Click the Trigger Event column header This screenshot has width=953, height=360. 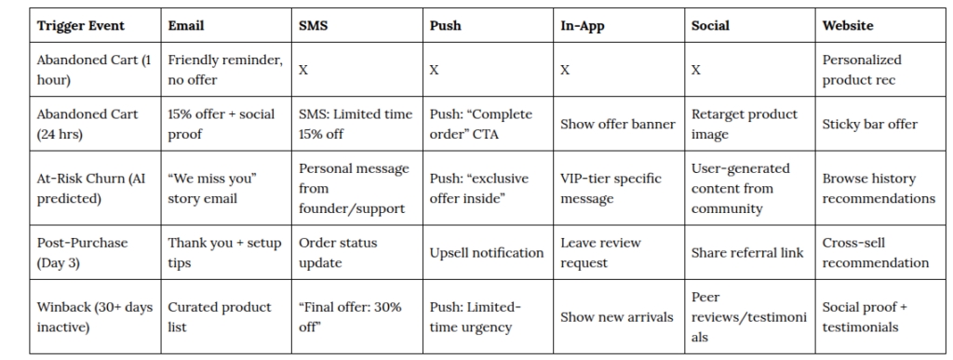pos(80,25)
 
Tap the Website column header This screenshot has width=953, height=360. pos(848,25)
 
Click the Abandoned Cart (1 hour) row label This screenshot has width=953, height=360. pos(94,70)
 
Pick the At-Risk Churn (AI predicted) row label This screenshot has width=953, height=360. pos(91,189)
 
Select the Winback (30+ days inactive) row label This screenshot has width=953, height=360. pos(95,317)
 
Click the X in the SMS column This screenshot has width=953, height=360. pos(303,70)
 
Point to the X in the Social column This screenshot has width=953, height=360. pos(696,70)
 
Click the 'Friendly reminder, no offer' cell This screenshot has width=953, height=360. pos(225,70)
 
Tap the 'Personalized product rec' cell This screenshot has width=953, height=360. pos(862,70)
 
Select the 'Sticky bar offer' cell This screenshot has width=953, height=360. pos(870,124)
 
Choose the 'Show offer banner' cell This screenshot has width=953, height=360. pos(618,124)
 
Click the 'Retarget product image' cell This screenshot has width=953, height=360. pos(745,124)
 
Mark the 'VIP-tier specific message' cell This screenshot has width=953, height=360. pos(611,189)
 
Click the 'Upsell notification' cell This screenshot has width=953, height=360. pos(486,252)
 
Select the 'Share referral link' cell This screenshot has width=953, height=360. pos(747,252)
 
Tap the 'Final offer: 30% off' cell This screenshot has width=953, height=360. pos(350,317)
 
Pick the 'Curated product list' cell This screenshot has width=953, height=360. pos(220,317)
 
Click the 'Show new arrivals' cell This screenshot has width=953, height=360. pos(617,317)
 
